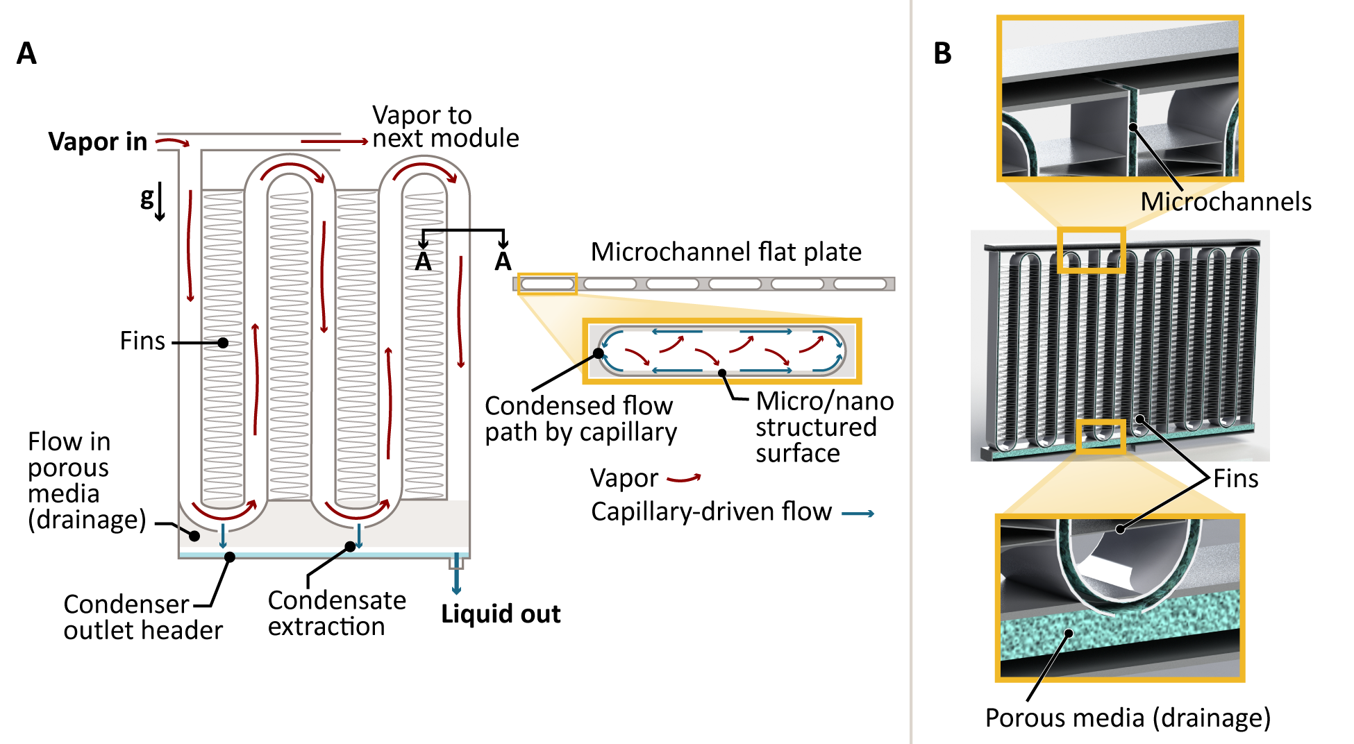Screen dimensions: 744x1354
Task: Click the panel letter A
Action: [x=26, y=53]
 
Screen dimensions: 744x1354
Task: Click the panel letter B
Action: [x=942, y=53]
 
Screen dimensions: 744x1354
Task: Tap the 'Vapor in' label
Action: [x=98, y=142]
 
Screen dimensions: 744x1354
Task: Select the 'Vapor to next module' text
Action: [x=445, y=127]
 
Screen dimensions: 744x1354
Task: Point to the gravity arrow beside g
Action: [x=160, y=202]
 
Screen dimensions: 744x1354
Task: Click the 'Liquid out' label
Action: [x=501, y=614]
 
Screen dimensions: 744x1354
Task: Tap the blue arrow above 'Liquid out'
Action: [x=456, y=575]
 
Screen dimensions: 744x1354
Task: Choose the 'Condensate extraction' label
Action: [x=337, y=614]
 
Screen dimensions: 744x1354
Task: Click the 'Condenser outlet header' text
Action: [x=142, y=617]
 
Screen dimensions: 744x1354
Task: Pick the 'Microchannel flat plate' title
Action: [x=726, y=252]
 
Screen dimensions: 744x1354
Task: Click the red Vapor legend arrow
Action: [x=684, y=478]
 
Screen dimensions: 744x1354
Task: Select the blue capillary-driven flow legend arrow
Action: [x=858, y=514]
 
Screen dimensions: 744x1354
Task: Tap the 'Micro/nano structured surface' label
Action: [x=824, y=427]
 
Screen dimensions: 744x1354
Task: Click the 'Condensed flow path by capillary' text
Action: [x=580, y=418]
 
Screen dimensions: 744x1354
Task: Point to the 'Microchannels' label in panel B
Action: [x=1226, y=202]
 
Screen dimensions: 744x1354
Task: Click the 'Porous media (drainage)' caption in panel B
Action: [x=1128, y=718]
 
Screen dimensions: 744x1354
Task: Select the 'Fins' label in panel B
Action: [x=1235, y=479]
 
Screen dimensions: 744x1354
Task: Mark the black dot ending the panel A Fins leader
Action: [x=223, y=343]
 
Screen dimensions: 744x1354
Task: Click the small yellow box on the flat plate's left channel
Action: [x=547, y=284]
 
